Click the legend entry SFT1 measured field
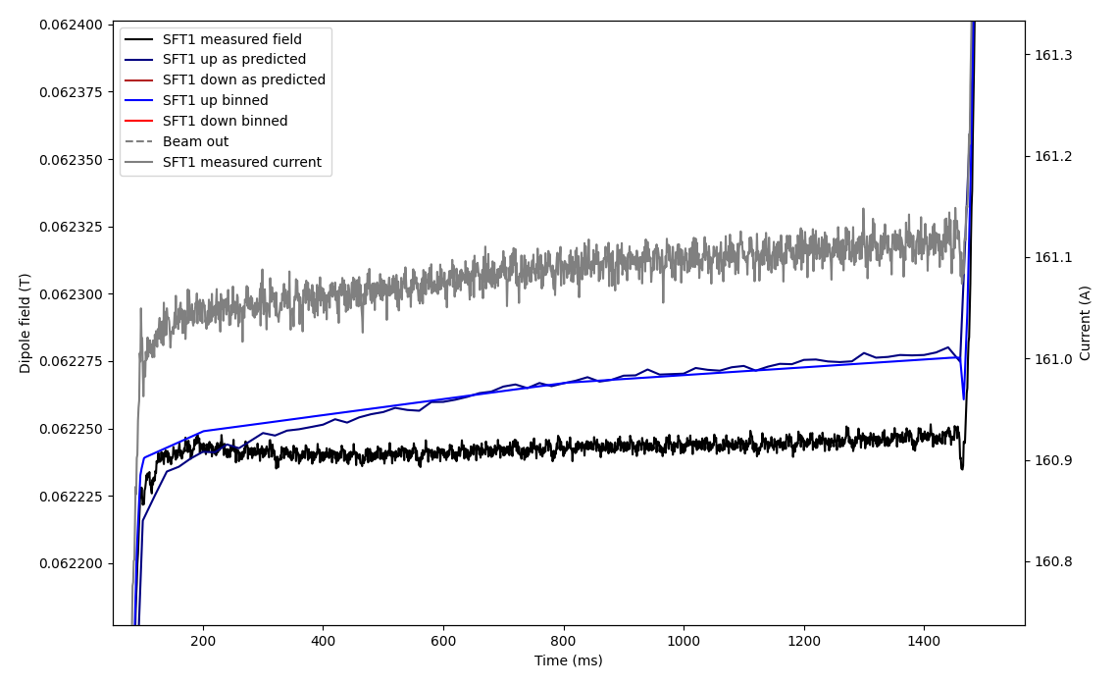point(231,39)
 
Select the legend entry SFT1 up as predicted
point(233,60)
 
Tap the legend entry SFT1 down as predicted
point(243,80)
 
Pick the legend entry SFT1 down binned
point(225,122)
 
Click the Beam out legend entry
point(195,142)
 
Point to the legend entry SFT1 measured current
point(241,163)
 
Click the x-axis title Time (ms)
point(569,661)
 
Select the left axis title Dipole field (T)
point(25,323)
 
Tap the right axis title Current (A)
point(1086,323)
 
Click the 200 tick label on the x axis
point(203,640)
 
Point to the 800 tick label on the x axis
point(564,640)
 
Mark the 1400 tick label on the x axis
point(924,640)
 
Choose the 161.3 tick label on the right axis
point(1053,55)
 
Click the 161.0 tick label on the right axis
point(1053,359)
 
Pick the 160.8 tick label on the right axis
point(1053,562)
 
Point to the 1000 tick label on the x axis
point(684,640)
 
